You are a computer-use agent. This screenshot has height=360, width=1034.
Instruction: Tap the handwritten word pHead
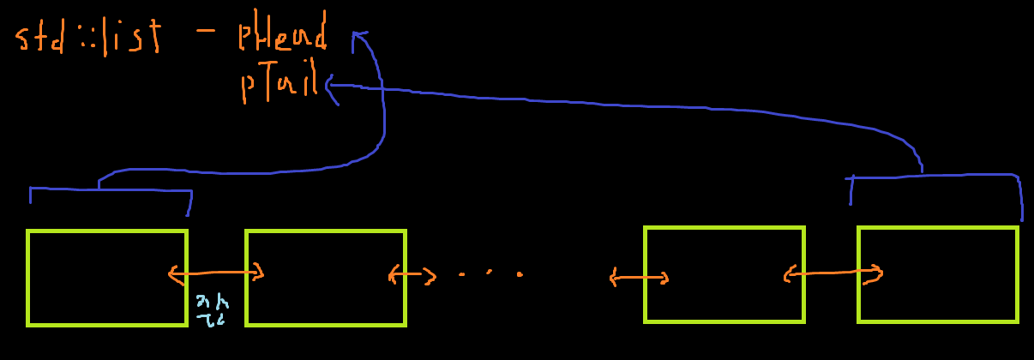(284, 36)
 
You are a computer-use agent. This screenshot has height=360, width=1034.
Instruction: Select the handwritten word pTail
(280, 85)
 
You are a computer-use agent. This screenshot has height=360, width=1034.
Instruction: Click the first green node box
(106, 278)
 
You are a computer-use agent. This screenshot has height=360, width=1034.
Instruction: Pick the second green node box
(326, 278)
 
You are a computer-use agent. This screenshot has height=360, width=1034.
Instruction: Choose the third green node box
(724, 274)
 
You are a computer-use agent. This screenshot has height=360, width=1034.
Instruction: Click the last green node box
(938, 274)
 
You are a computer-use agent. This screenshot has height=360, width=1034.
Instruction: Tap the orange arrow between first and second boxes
(216, 274)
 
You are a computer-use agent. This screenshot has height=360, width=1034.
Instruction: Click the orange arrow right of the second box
(412, 276)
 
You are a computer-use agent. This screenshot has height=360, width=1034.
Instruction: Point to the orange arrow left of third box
(639, 278)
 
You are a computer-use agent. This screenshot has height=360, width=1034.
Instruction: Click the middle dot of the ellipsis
(490, 273)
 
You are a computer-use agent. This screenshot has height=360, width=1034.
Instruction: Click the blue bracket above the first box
(110, 189)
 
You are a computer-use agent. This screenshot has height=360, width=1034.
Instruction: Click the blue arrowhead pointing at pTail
(331, 86)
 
